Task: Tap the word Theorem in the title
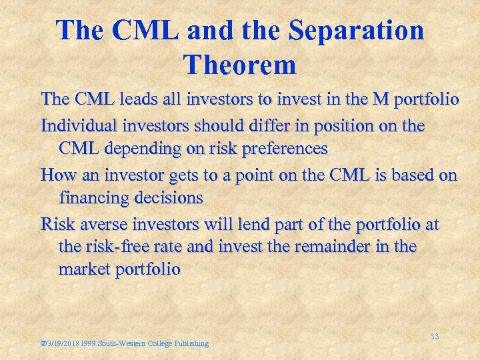point(239,65)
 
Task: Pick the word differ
point(257,125)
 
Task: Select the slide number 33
point(434,337)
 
